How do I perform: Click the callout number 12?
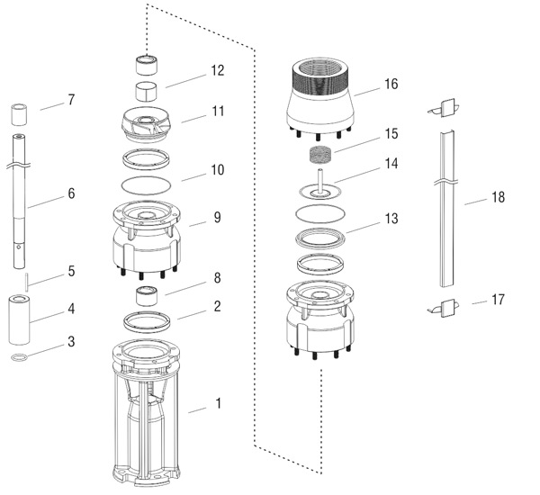tap(217, 70)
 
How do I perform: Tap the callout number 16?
tap(391, 84)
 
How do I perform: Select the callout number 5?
tap(71, 271)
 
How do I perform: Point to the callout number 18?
tap(498, 197)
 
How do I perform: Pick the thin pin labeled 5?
tap(26, 283)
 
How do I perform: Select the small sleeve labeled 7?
tap(19, 114)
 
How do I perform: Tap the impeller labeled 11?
tap(147, 124)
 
